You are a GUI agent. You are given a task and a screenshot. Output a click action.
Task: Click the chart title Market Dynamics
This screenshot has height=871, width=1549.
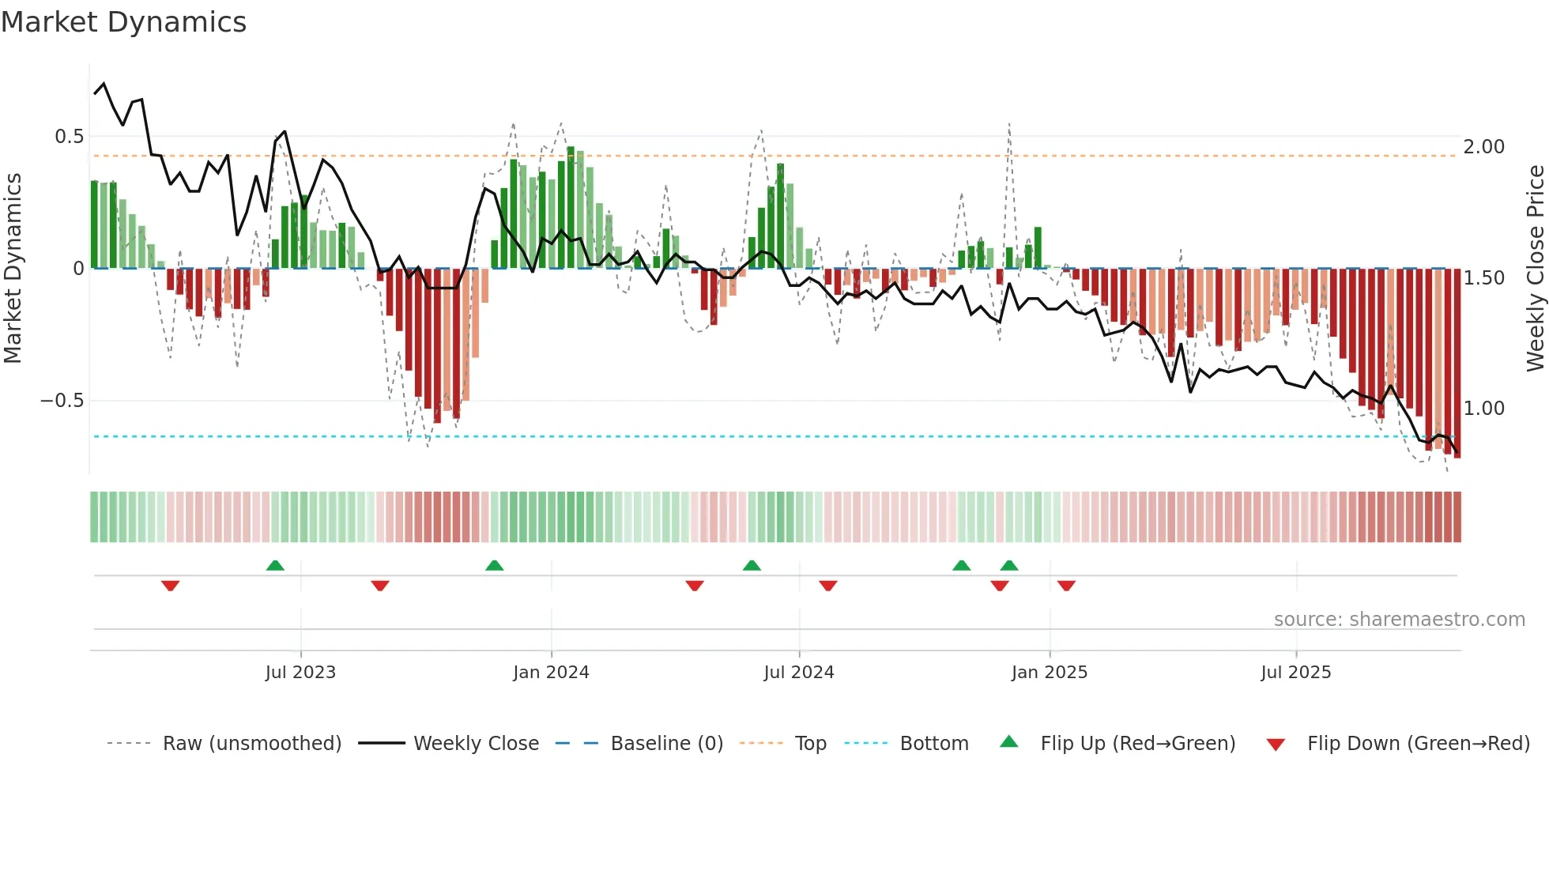(123, 22)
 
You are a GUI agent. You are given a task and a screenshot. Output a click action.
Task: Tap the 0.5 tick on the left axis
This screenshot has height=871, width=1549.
(69, 137)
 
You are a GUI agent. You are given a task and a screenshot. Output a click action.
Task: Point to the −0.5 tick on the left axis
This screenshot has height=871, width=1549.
(62, 401)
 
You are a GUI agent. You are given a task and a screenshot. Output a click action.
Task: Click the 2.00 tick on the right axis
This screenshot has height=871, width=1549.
(1483, 147)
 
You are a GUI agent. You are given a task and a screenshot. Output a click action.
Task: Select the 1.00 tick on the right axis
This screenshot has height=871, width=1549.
(1483, 409)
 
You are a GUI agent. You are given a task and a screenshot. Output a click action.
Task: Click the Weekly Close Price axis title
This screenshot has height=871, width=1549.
(1535, 268)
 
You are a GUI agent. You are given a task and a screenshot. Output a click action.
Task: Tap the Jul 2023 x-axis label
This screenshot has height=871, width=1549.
(300, 673)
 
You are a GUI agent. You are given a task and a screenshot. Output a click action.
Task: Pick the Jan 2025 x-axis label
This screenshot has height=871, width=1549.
(1049, 673)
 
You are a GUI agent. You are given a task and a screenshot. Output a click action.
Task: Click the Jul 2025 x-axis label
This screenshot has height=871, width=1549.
(1295, 673)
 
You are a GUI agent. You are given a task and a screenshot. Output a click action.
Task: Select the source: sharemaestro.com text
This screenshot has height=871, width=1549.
(1399, 620)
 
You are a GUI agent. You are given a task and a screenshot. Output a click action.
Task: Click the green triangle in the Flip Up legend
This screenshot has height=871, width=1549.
(1009, 742)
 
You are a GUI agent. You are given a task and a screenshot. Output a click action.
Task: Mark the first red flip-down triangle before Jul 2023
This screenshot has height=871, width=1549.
(170, 586)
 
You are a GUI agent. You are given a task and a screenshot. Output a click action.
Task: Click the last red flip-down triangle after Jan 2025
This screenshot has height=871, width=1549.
(1066, 586)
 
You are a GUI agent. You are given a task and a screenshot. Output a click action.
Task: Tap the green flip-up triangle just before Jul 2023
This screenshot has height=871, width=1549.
(275, 565)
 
